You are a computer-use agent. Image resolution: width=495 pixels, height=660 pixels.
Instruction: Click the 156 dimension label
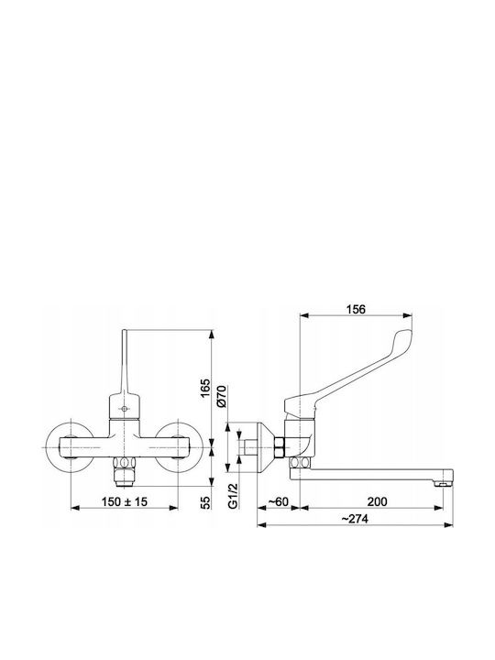point(356,310)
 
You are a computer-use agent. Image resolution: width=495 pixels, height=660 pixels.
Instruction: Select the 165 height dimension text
point(204,388)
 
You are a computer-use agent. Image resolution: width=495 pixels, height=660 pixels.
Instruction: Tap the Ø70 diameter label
point(222,396)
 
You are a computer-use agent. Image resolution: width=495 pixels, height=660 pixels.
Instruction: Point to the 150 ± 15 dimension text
point(125,501)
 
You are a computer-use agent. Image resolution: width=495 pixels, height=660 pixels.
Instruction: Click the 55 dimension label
point(204,502)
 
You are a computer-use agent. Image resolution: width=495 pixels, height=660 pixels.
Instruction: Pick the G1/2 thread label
point(233,496)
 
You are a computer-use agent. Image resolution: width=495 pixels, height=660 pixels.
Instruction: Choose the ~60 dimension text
point(279,501)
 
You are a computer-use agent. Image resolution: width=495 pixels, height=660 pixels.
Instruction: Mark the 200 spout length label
point(377,501)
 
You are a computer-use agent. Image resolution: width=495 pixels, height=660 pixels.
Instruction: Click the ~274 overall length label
point(355,519)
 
